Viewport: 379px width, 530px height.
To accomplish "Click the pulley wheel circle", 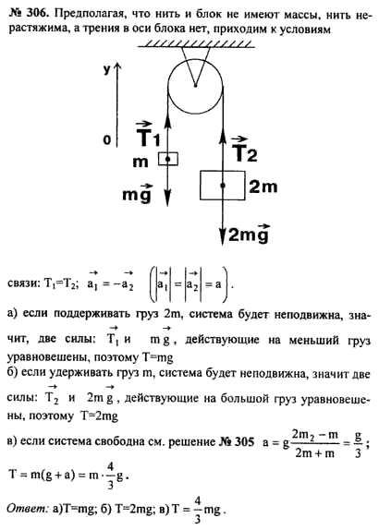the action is pyautogui.click(x=168, y=86).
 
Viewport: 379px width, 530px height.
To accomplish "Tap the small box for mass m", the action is pyautogui.click(x=168, y=159).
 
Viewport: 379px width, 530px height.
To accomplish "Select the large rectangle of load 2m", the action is pyautogui.click(x=223, y=185).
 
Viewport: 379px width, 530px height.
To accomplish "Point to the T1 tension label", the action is pyautogui.click(x=148, y=134).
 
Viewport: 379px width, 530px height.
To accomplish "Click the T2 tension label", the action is pyautogui.click(x=245, y=149).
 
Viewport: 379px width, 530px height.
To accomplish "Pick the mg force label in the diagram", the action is pyautogui.click(x=137, y=193).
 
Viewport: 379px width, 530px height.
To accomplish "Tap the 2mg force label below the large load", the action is pyautogui.click(x=249, y=233).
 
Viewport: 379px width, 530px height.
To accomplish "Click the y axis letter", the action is pyautogui.click(x=106, y=70).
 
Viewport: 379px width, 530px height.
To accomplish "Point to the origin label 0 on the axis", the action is pyautogui.click(x=106, y=139).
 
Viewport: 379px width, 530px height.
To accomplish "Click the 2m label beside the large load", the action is pyautogui.click(x=263, y=187).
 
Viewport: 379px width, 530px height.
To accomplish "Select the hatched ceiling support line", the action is pyautogui.click(x=196, y=44).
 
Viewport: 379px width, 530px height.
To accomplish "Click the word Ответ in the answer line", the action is pyautogui.click(x=27, y=509).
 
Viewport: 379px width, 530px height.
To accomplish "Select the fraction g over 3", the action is pyautogui.click(x=358, y=443).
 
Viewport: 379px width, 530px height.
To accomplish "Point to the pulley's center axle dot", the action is pyautogui.click(x=195, y=86).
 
